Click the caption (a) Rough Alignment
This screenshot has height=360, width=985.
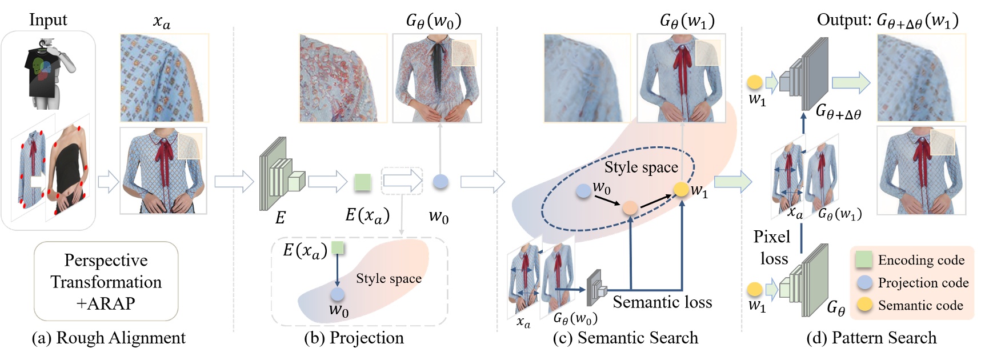click(x=109, y=338)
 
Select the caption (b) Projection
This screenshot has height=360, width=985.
click(x=354, y=338)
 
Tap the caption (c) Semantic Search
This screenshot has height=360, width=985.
click(x=625, y=338)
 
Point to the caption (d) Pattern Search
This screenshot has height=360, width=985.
click(x=871, y=338)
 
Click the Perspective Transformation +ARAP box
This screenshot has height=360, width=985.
click(x=106, y=281)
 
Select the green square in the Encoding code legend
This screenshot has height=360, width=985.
click(x=864, y=259)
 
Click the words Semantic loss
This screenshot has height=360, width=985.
click(x=662, y=302)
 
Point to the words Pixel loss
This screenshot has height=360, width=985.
click(x=772, y=247)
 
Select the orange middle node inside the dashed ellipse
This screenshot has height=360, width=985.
click(x=630, y=208)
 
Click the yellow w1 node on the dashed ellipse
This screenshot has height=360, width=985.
click(x=680, y=189)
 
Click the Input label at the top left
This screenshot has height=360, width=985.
click(x=48, y=20)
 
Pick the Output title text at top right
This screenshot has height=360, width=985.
click(x=887, y=21)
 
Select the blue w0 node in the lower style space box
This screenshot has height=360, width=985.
click(x=338, y=294)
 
